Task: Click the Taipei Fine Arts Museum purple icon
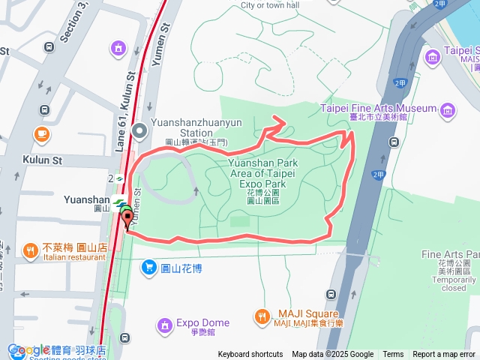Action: point(448,111)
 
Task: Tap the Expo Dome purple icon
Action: point(164,325)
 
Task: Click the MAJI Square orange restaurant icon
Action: point(261,316)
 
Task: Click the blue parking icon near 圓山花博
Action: point(149,267)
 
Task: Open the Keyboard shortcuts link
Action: point(250,355)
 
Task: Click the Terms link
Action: point(393,355)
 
